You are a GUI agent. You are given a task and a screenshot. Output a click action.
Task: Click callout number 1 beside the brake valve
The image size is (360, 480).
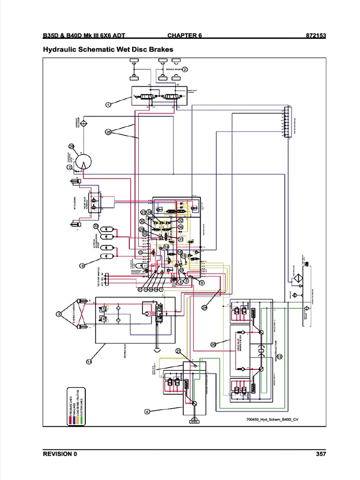(108, 105)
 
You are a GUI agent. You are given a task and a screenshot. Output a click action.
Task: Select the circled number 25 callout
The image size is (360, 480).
(108, 132)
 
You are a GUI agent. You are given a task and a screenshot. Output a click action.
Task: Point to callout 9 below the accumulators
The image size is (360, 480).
(82, 266)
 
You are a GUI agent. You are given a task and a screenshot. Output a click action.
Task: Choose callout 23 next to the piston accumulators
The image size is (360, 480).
(96, 226)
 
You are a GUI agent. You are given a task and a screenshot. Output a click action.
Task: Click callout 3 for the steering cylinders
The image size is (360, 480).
(59, 314)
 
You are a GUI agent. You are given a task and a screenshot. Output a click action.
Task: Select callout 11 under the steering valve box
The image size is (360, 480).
(89, 361)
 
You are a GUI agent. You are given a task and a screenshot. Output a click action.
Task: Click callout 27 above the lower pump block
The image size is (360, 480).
(178, 351)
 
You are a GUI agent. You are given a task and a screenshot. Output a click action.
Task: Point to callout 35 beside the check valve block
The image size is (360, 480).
(213, 345)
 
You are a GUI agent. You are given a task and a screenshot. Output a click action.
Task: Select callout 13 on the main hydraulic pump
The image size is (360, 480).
(279, 357)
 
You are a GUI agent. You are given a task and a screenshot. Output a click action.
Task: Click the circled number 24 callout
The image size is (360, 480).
(204, 307)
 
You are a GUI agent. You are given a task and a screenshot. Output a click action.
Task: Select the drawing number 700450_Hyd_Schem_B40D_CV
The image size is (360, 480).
(269, 420)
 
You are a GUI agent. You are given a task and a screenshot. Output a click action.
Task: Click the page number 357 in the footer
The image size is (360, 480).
(321, 454)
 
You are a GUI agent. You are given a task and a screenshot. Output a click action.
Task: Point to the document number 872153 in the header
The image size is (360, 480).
(315, 35)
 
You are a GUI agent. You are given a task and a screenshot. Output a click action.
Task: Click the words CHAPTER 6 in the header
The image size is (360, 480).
(184, 35)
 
